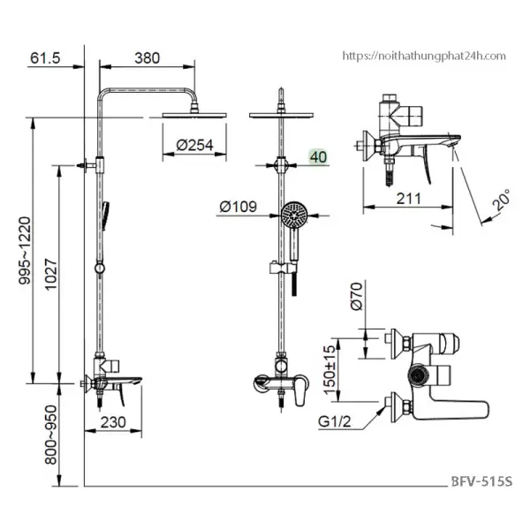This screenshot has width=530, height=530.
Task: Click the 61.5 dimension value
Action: pyautogui.click(x=44, y=57)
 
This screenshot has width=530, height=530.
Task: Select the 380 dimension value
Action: pyautogui.click(x=147, y=57)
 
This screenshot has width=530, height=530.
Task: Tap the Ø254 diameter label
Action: pyautogui.click(x=195, y=146)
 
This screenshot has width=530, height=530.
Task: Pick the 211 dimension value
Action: pyautogui.click(x=406, y=200)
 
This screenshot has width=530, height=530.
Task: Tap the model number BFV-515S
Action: pyautogui.click(x=481, y=482)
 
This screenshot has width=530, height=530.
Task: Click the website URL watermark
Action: pyautogui.click(x=424, y=56)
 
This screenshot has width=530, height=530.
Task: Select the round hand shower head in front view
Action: pyautogui.click(x=293, y=213)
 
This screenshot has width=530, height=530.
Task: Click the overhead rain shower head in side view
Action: pyautogui.click(x=191, y=112)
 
